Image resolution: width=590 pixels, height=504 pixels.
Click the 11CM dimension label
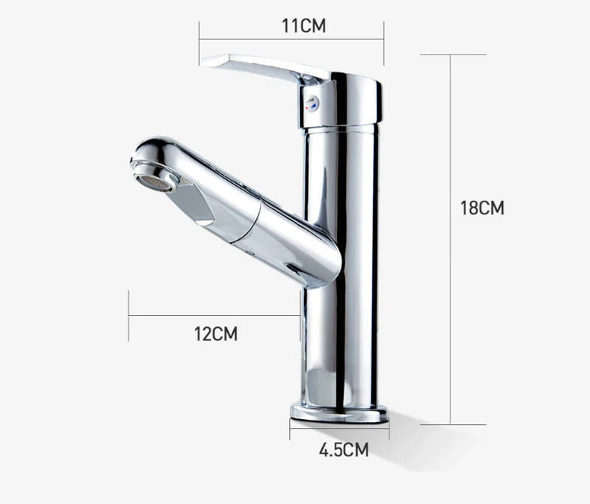[304, 26]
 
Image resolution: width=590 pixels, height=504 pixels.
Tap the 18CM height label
[482, 207]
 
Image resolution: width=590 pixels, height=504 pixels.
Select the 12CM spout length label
[216, 334]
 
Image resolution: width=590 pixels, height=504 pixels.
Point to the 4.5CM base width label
[344, 449]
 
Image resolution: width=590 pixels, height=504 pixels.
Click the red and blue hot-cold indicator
[312, 103]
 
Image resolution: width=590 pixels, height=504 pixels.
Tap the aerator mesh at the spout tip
[153, 183]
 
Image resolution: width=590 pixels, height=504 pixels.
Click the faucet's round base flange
[339, 413]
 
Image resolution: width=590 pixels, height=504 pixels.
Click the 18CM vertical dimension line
[451, 239]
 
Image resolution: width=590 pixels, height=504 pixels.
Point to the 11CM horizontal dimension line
[291, 39]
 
